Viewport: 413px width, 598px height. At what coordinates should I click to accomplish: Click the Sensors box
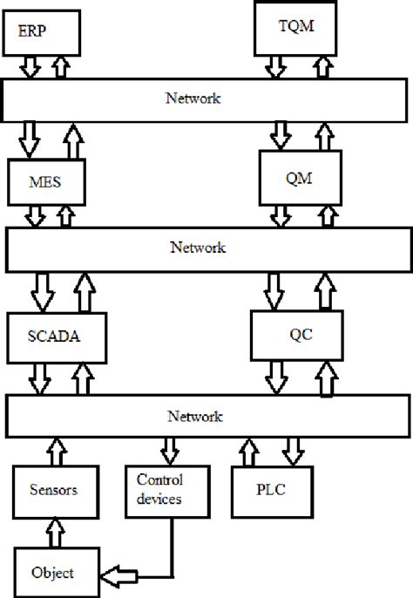click(54, 490)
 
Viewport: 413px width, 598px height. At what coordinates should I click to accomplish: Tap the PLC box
click(270, 490)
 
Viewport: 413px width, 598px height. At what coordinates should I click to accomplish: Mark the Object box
click(51, 572)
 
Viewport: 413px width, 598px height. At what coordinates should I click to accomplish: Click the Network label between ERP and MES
click(193, 99)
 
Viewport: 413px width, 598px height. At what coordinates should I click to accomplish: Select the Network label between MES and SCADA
click(197, 248)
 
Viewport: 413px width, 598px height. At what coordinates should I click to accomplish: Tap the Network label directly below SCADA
click(197, 414)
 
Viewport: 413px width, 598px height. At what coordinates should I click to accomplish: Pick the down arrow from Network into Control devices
click(167, 451)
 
